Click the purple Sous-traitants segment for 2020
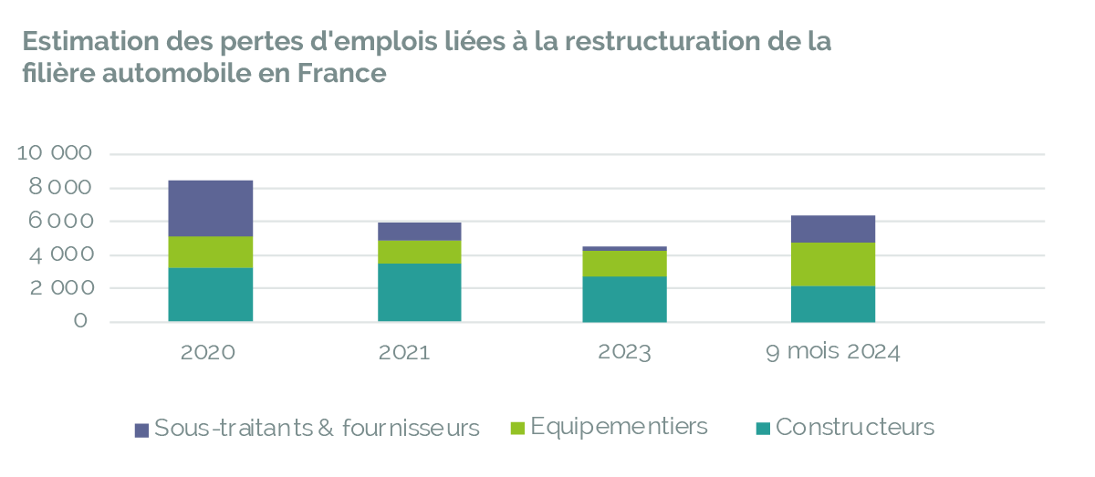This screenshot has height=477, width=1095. click(x=210, y=208)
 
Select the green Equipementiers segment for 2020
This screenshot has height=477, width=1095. click(x=210, y=252)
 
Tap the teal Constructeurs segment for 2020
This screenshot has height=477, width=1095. click(x=210, y=294)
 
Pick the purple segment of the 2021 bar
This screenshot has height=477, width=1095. click(x=420, y=232)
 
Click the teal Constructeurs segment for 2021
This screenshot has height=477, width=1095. click(x=420, y=292)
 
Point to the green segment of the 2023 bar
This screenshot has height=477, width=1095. click(x=624, y=264)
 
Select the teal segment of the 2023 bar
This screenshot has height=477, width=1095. click(x=624, y=298)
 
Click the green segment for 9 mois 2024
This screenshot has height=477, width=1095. click(x=833, y=264)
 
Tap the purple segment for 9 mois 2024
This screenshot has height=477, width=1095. click(x=833, y=229)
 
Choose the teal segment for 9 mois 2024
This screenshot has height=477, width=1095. click(x=833, y=304)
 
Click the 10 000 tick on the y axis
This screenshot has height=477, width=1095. click(x=56, y=153)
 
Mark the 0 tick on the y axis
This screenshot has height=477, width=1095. click(x=81, y=321)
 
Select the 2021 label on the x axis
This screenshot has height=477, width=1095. click(x=405, y=353)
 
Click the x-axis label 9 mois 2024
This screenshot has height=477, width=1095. click(x=833, y=353)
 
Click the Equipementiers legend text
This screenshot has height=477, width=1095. click(x=619, y=427)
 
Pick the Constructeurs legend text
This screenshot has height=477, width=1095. click(x=855, y=427)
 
